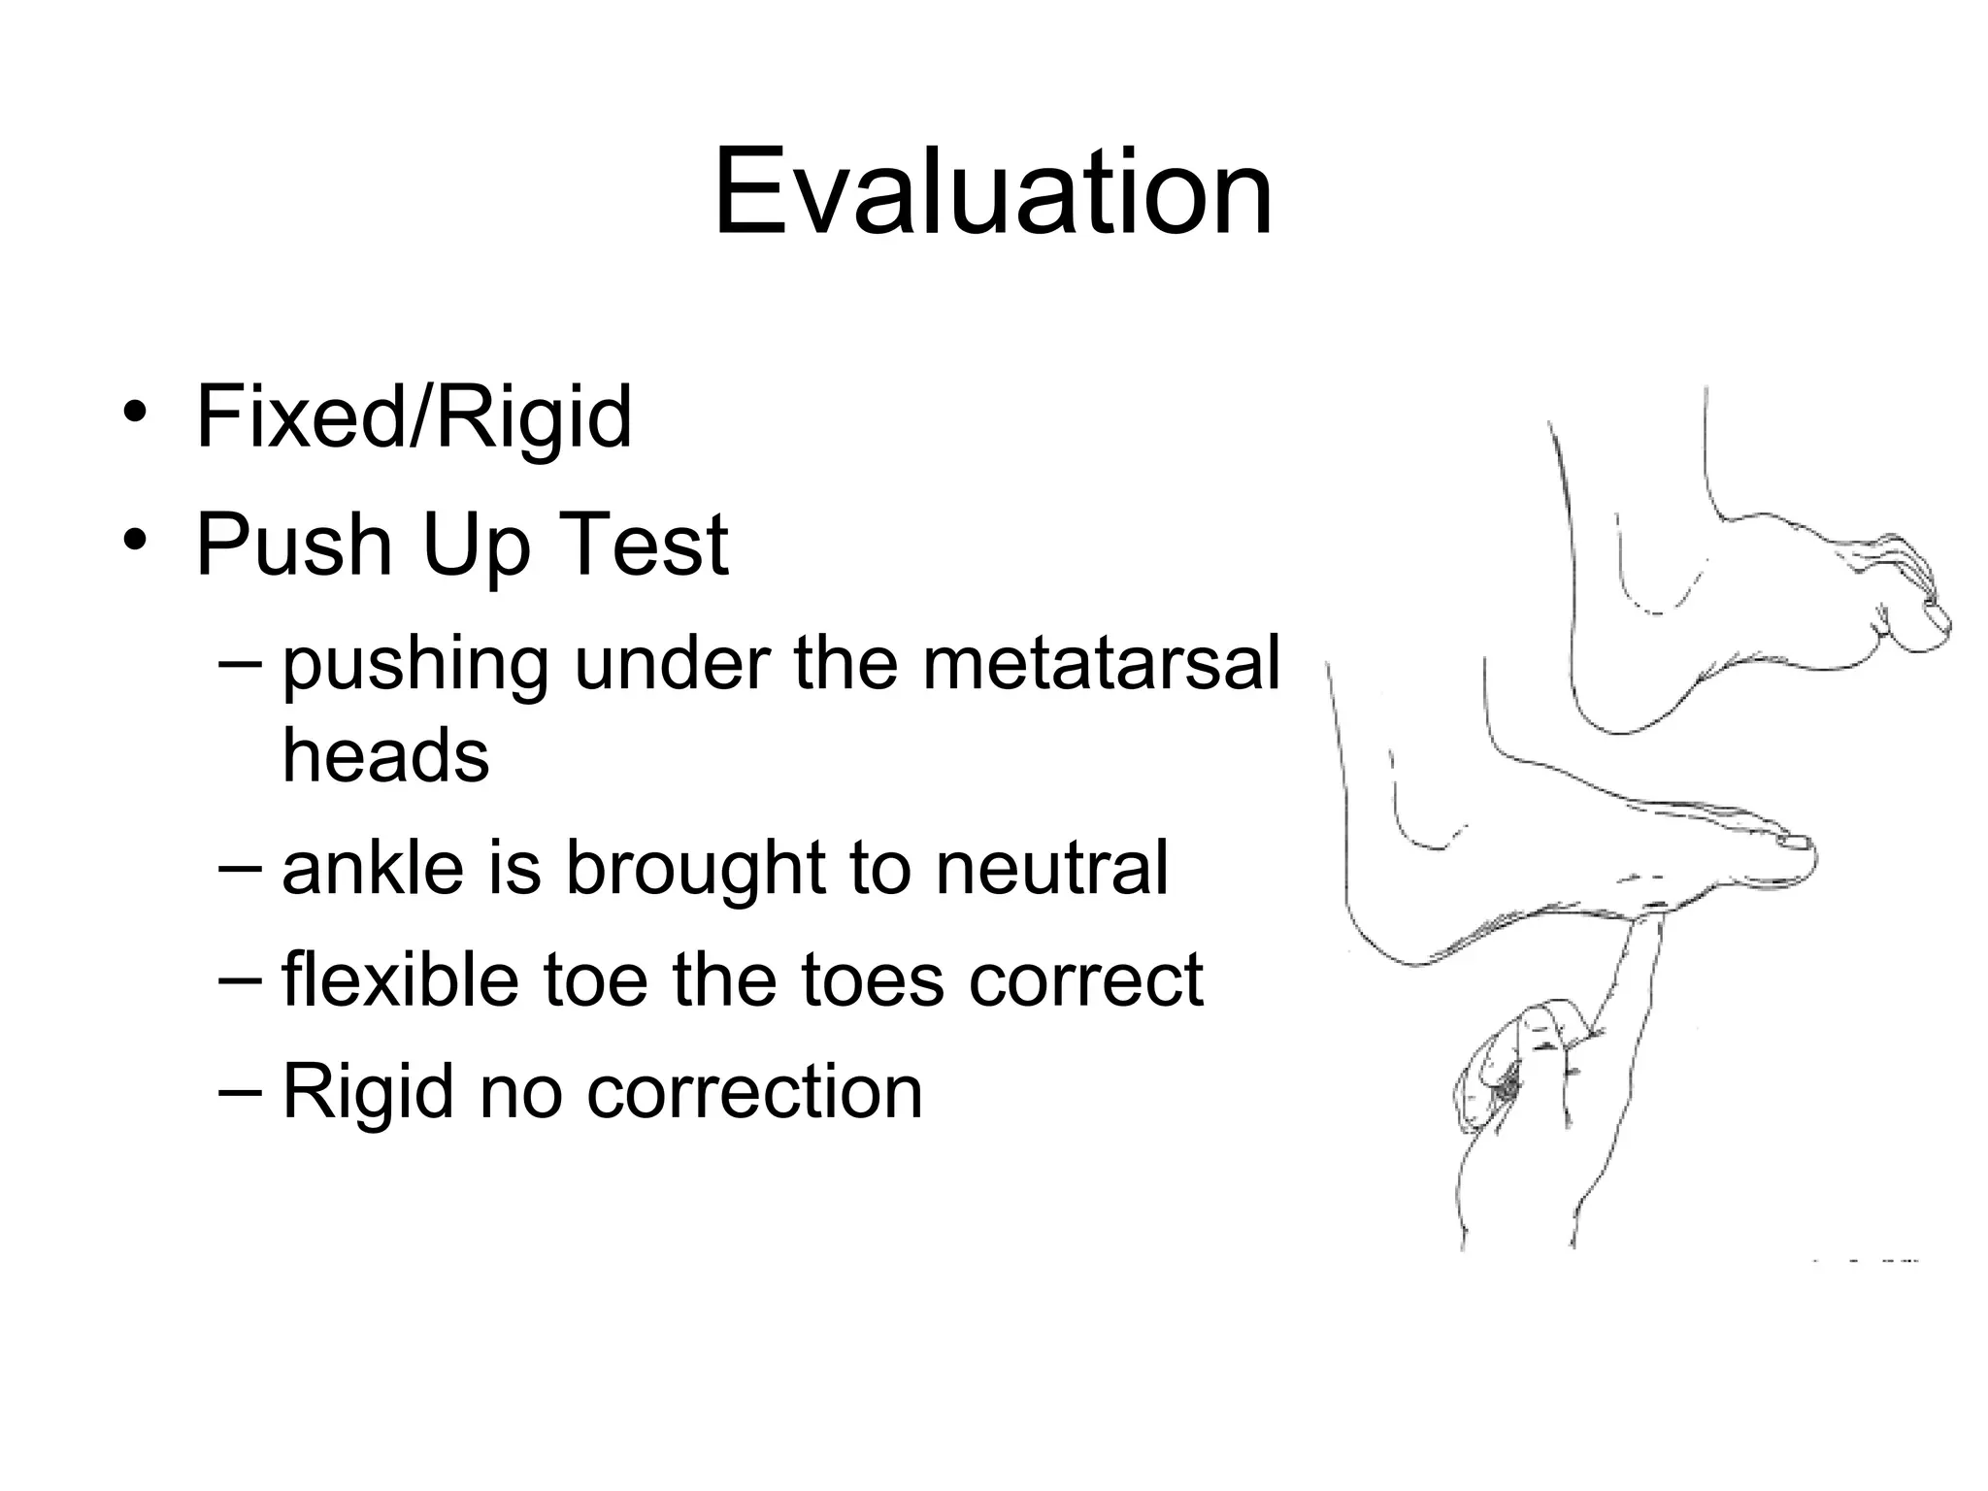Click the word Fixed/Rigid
(414, 417)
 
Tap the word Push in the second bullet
(293, 545)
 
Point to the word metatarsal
(1101, 664)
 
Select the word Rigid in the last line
(367, 1092)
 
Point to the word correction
(754, 1092)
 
